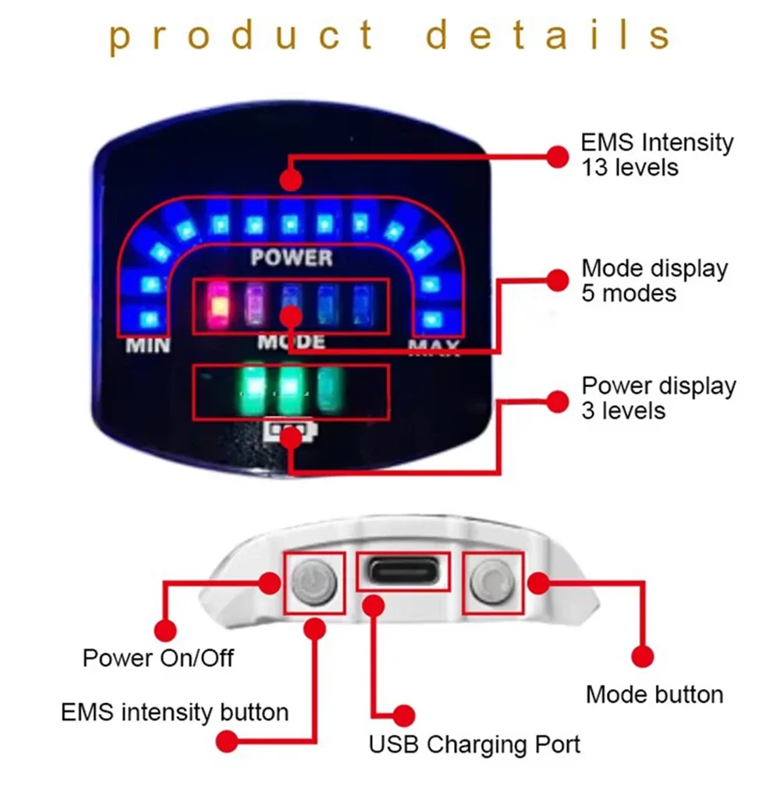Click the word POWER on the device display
pos(292,257)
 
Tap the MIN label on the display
pos(148,344)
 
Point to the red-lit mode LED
pos(219,303)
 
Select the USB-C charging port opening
pos(404,574)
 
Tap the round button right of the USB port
pos(492,581)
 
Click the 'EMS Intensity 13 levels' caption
pos(657,154)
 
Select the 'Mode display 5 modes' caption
pos(654,281)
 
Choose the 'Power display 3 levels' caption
pos(658,397)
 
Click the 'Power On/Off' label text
pos(158,658)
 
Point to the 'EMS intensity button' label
pos(175,712)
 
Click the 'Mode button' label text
pos(654,694)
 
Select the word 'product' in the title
pos(242,35)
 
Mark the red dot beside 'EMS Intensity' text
pos(557,155)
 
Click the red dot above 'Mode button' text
pos(642,656)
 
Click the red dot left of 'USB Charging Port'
pos(403,715)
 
